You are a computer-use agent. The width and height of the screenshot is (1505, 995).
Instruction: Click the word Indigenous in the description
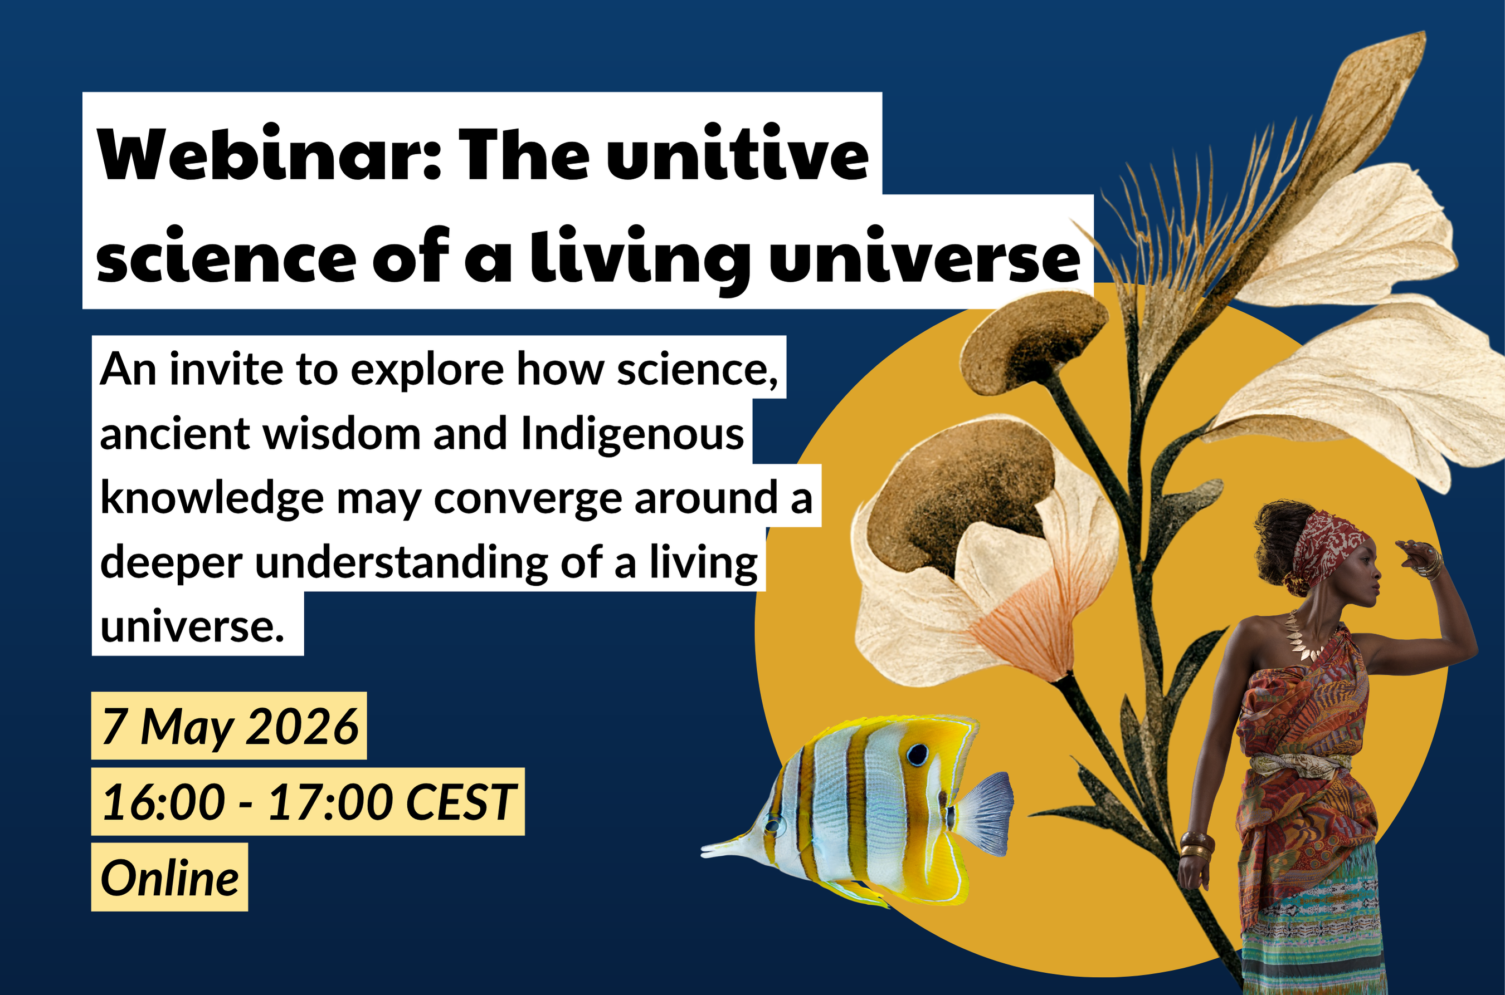click(x=632, y=435)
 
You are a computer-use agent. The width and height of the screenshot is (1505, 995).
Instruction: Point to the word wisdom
click(x=342, y=435)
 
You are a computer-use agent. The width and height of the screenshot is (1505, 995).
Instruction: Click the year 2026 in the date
click(x=302, y=727)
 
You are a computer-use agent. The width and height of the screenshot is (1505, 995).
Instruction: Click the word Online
click(x=169, y=878)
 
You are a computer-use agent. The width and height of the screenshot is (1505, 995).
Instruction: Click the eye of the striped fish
click(x=917, y=754)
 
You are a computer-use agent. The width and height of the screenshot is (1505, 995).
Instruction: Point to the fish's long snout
click(x=730, y=846)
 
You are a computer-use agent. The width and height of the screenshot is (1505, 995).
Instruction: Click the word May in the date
click(x=187, y=728)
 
